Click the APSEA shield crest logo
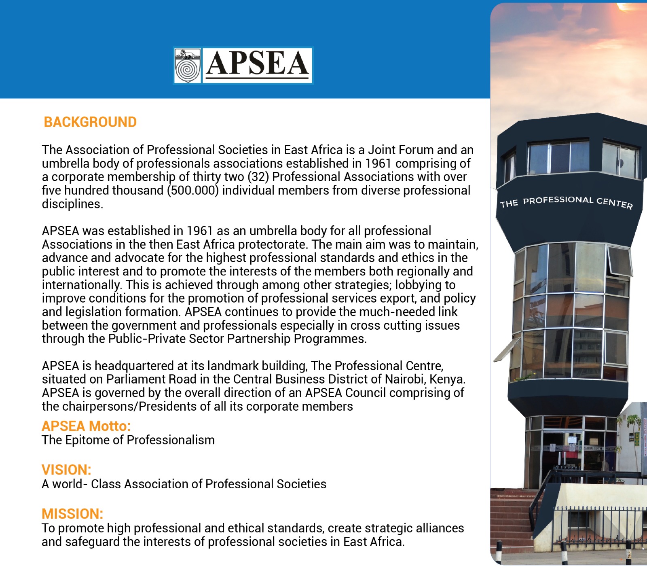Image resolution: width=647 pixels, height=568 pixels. tap(187, 66)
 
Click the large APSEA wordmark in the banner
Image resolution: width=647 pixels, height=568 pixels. tap(258, 64)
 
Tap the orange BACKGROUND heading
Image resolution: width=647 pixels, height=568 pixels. tap(90, 122)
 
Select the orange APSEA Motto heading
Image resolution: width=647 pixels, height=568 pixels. tap(86, 426)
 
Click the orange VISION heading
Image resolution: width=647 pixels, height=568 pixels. tap(66, 470)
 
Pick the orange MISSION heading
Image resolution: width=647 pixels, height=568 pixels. tap(72, 514)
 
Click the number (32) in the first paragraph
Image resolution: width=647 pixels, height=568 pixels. tap(258, 177)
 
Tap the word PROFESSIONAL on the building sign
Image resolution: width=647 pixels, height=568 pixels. tap(558, 200)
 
